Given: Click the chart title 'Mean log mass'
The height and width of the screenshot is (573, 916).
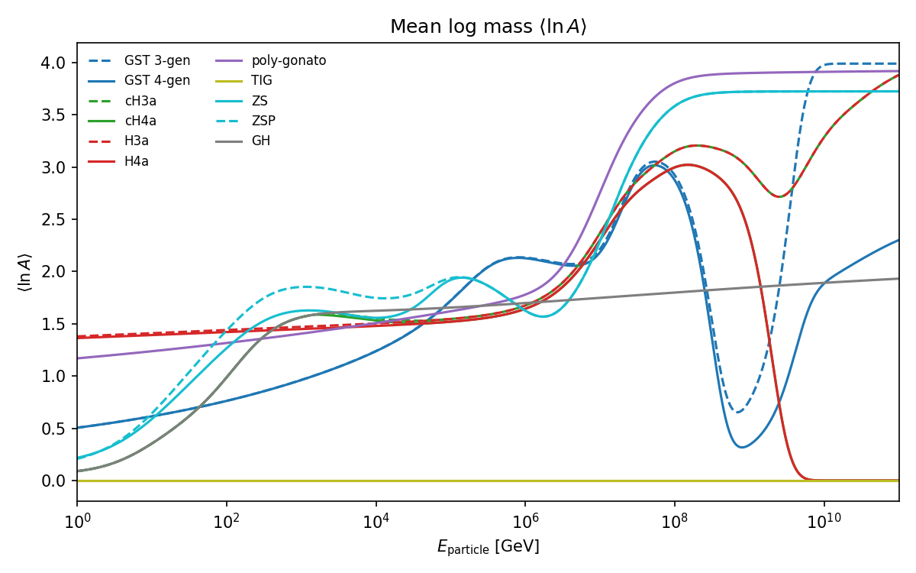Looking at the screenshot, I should click(488, 27).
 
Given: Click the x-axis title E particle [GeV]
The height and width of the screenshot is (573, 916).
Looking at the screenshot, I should click(488, 546).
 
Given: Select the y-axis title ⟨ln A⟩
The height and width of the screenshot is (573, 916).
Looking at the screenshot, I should click(24, 272).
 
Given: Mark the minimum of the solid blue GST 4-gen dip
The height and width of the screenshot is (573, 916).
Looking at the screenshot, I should click(741, 447).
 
